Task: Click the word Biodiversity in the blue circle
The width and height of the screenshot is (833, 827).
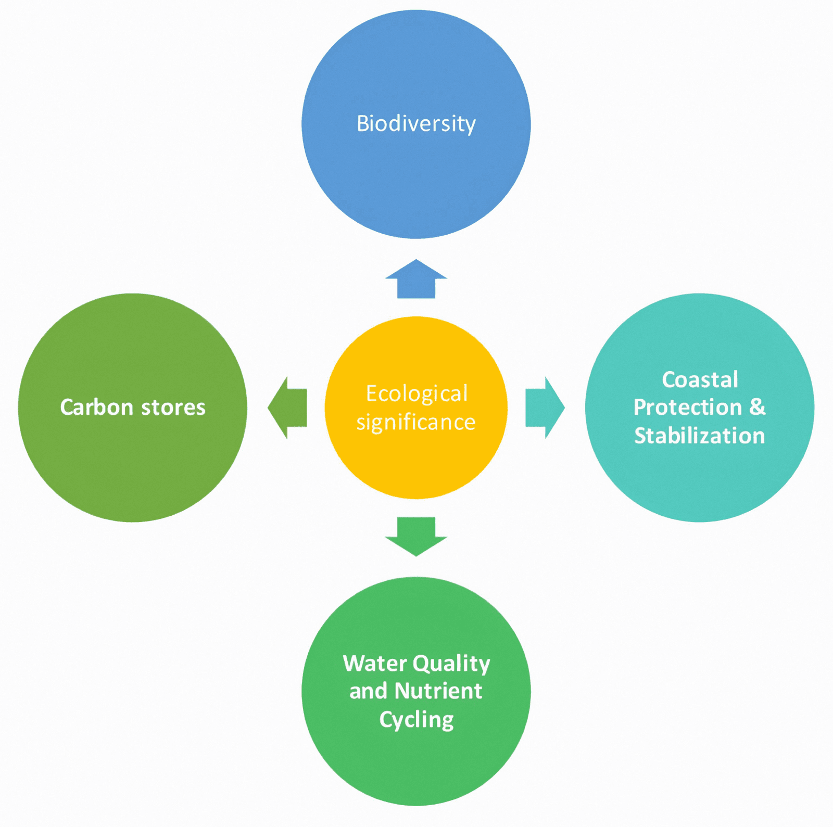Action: click(x=416, y=124)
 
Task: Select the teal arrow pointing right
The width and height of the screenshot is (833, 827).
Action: click(x=544, y=408)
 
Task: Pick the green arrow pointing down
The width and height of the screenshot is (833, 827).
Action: click(x=416, y=535)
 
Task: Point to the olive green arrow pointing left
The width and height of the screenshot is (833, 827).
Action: click(x=288, y=408)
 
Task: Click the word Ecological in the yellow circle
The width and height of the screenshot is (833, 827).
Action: click(x=416, y=393)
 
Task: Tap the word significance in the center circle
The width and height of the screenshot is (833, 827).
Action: click(x=416, y=422)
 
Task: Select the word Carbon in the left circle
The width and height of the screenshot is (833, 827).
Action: click(x=96, y=407)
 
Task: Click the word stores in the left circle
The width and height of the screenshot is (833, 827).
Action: click(x=173, y=407)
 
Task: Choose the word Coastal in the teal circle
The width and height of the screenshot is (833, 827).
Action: click(x=700, y=379)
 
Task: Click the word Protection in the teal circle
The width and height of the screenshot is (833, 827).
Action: click(x=687, y=407)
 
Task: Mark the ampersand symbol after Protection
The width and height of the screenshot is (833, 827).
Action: click(x=758, y=407)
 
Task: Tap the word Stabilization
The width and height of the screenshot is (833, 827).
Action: click(x=699, y=436)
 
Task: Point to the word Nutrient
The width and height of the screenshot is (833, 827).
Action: click(x=438, y=691)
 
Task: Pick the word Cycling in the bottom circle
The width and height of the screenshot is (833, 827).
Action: click(x=416, y=720)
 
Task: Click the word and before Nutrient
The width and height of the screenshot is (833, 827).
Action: click(x=368, y=691)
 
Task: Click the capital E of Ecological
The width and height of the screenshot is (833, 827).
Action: click(x=371, y=393)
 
